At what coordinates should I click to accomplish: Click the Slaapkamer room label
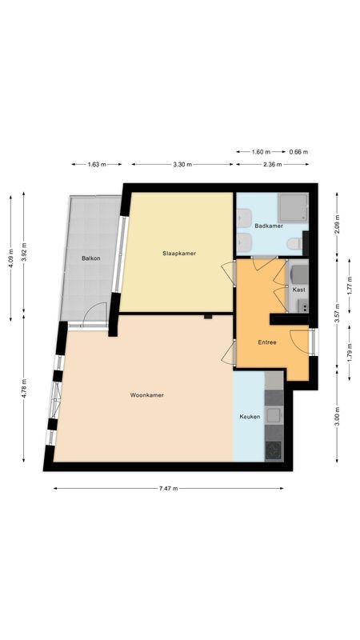(x=179, y=254)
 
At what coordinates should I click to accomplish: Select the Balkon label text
(x=90, y=258)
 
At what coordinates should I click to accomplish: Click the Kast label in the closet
(x=298, y=290)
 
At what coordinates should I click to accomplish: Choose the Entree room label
(x=267, y=342)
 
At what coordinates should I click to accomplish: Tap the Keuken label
(x=250, y=417)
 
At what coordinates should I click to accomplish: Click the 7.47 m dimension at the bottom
(x=168, y=488)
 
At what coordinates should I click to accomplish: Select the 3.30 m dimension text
(x=182, y=164)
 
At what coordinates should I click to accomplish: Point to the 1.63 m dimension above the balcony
(x=96, y=164)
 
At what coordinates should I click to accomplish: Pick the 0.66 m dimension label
(x=298, y=151)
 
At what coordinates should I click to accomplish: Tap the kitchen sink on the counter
(x=274, y=415)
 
